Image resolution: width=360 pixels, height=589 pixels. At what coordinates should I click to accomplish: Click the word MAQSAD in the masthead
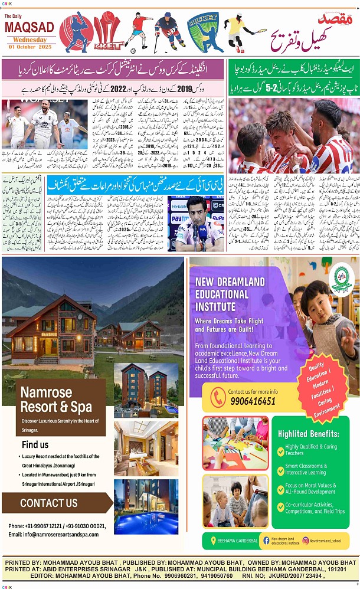(x=30, y=27)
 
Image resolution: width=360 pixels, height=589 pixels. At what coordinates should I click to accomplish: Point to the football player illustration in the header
(x=139, y=32)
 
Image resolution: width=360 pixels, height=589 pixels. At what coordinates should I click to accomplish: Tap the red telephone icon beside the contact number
(x=218, y=397)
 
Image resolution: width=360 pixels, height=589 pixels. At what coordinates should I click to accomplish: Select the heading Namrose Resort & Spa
(x=56, y=400)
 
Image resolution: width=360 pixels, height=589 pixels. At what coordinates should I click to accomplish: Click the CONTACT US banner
(x=49, y=503)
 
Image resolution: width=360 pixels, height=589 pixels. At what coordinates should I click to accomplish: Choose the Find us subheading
(x=35, y=444)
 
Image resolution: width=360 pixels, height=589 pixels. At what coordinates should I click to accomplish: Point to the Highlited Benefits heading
(x=309, y=434)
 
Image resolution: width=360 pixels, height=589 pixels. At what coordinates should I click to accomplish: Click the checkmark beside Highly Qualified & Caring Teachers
(x=281, y=450)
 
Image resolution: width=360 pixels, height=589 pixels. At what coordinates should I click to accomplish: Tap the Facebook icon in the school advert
(x=266, y=540)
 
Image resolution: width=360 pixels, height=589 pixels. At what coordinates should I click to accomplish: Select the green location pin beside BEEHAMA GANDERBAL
(x=213, y=540)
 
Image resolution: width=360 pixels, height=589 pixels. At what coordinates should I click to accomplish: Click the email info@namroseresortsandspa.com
(x=53, y=534)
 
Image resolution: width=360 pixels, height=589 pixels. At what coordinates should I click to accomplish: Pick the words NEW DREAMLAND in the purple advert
(x=230, y=282)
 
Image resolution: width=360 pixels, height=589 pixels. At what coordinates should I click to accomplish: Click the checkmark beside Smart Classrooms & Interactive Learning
(x=281, y=469)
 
